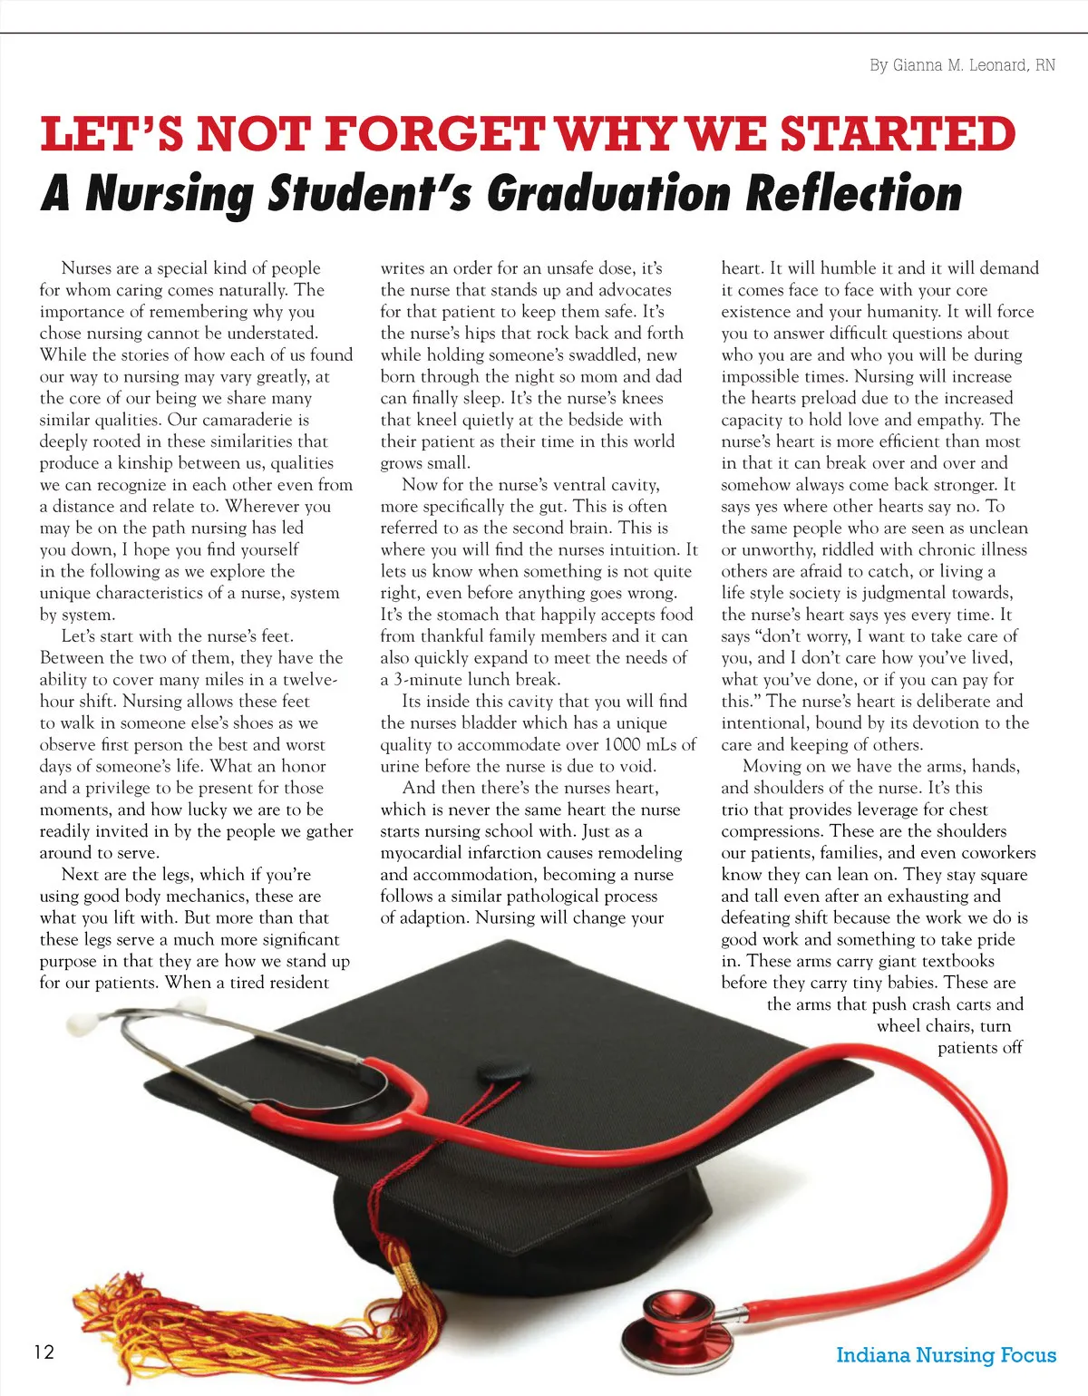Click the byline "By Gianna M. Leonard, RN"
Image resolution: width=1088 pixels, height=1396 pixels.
(x=962, y=65)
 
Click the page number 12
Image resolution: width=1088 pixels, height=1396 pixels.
(x=44, y=1352)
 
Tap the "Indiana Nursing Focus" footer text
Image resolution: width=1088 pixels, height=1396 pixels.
(x=946, y=1355)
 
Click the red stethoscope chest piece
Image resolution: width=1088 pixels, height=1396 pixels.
(x=675, y=1317)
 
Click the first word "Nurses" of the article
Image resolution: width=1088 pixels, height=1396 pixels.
(x=87, y=268)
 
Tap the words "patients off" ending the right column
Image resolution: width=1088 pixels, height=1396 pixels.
(x=980, y=1048)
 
